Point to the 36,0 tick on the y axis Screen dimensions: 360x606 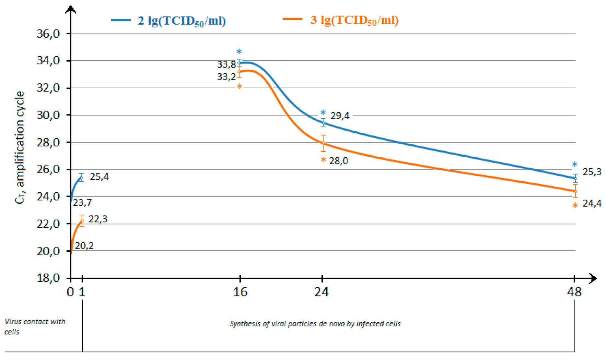tap(48, 34)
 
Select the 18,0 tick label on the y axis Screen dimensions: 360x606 tap(48, 278)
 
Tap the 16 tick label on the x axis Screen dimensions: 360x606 tap(240, 292)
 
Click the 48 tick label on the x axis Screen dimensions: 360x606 tap(574, 292)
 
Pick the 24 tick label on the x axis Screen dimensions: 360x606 tap(321, 292)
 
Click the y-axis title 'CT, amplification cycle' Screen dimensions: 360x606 tap(20, 148)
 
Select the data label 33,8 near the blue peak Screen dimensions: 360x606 tap(227, 65)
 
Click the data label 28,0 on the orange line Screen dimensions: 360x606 tap(339, 161)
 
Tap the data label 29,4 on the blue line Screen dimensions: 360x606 tap(340, 116)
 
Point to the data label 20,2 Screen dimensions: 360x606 tap(84, 246)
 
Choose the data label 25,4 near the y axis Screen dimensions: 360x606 tap(99, 177)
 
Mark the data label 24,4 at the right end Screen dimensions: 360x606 tap(592, 203)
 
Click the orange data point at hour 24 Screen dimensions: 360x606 tap(323, 143)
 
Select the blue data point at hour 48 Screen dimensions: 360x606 tap(576, 178)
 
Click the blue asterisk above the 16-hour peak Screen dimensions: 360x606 tap(239, 52)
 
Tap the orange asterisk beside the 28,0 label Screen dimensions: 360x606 tap(323, 160)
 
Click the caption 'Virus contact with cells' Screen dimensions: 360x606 tap(35, 327)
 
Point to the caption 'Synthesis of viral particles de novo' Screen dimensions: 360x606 tap(315, 324)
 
